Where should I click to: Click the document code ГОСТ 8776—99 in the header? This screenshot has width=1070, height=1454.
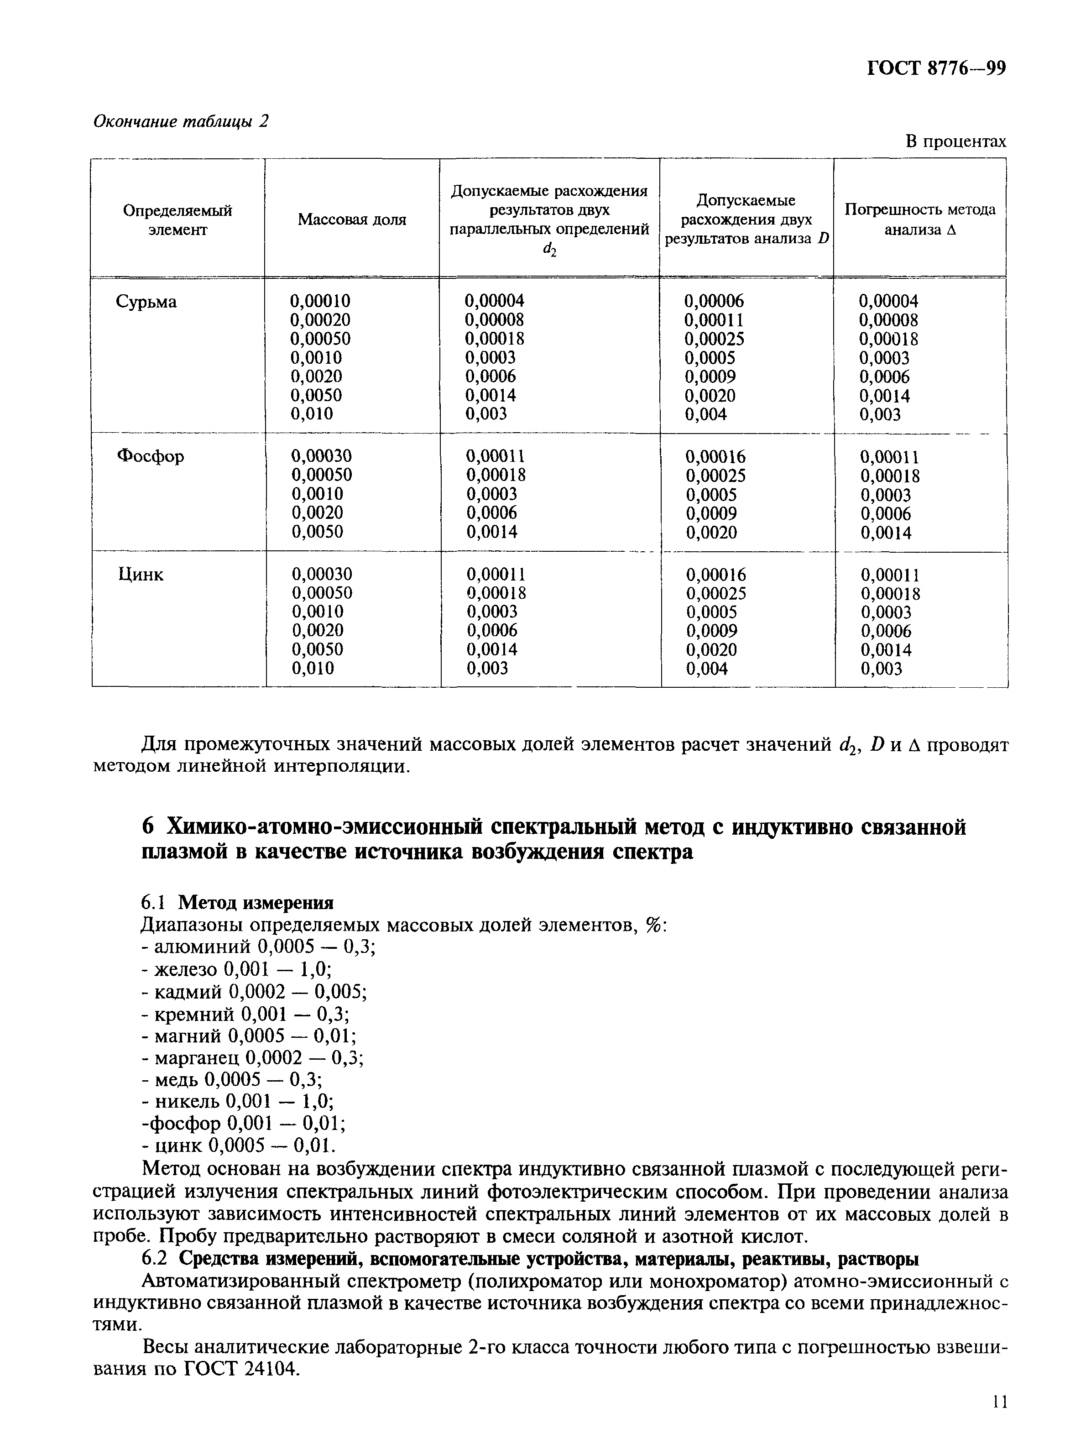[x=936, y=68]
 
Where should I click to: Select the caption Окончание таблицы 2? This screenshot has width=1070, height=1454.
[x=181, y=121]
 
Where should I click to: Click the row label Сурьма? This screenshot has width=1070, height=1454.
[x=146, y=302]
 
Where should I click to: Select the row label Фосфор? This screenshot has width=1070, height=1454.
[x=150, y=457]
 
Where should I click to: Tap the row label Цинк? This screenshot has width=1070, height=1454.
[x=141, y=575]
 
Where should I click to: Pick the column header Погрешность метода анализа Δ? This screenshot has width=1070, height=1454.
[x=920, y=220]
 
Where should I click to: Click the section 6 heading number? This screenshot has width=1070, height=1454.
[x=148, y=828]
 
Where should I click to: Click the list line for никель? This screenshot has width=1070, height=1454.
[x=238, y=1101]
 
